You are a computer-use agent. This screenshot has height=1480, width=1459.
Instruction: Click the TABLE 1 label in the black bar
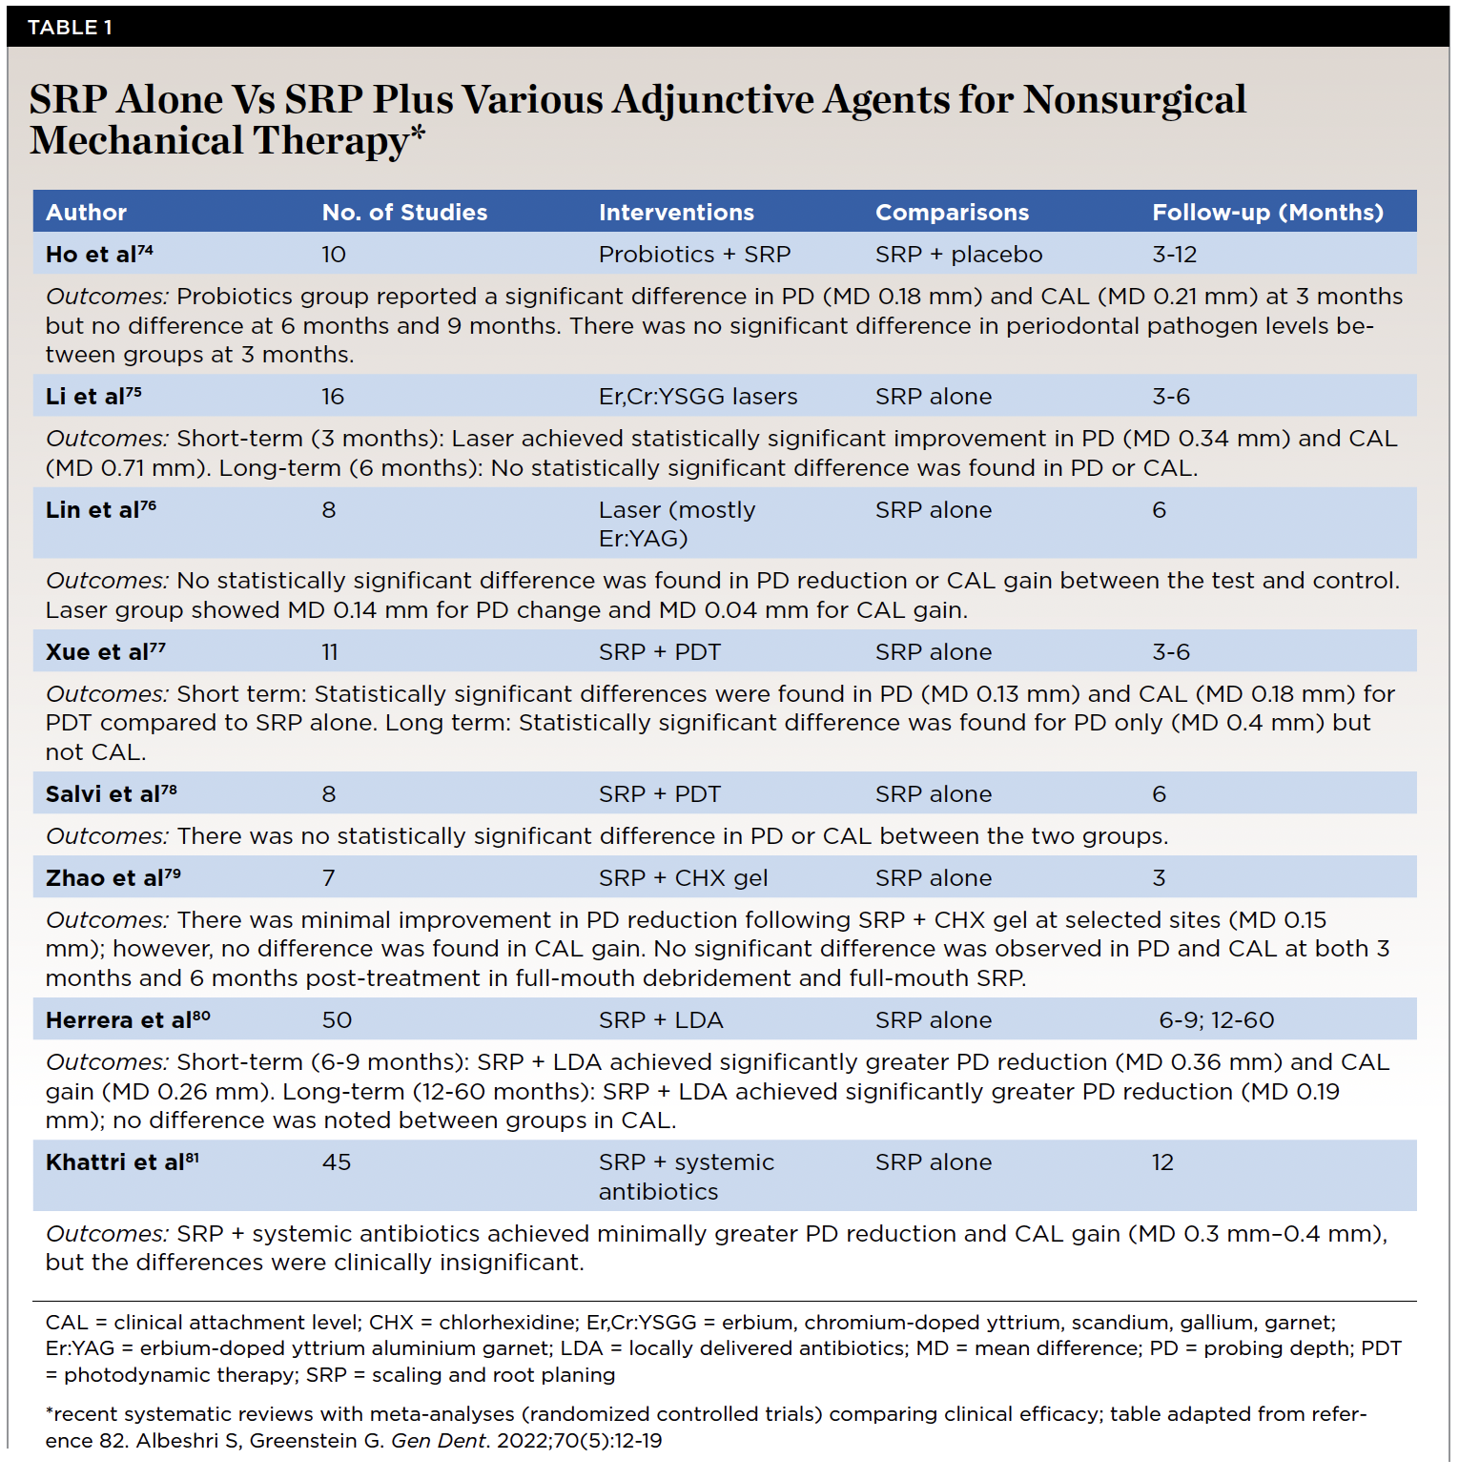tap(70, 28)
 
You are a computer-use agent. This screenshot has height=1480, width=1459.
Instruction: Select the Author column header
tap(86, 213)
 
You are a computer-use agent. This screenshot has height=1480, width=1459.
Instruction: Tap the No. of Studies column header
tap(404, 213)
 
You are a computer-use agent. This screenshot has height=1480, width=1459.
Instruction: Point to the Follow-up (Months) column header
tap(1267, 213)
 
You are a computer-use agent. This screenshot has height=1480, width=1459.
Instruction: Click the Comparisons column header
tap(952, 213)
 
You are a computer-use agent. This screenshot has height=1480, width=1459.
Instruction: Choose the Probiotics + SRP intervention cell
tap(694, 255)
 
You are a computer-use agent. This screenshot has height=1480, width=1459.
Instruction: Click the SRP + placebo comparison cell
tap(958, 255)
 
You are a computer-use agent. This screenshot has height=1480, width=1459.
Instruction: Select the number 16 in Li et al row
tap(333, 397)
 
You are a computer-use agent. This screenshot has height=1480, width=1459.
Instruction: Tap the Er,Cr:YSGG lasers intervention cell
tap(698, 397)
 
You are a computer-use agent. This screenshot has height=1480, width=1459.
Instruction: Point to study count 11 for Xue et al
tap(330, 652)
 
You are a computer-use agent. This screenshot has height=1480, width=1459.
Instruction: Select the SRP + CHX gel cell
tap(683, 878)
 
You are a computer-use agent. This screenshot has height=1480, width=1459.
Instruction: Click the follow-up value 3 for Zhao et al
tap(1159, 878)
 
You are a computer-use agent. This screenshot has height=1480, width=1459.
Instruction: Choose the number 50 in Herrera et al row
tap(337, 1020)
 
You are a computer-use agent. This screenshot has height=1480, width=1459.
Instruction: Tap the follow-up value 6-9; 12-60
tap(1216, 1020)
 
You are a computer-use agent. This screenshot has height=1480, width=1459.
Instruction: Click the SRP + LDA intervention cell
tap(661, 1020)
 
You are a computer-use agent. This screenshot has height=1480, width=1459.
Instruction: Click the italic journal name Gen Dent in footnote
tap(439, 1441)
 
